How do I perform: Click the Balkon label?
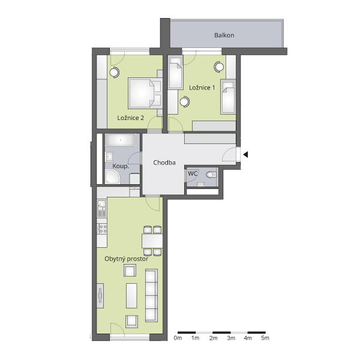tap(224, 35)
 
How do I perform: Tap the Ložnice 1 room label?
tap(202, 88)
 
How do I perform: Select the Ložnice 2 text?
tap(130, 118)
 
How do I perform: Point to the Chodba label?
tap(164, 163)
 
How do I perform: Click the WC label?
tap(193, 173)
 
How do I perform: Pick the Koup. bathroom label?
tap(121, 166)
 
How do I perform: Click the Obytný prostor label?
tap(126, 259)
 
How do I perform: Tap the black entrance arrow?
tap(245, 155)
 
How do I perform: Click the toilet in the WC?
tap(211, 175)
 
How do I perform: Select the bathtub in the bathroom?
tap(121, 140)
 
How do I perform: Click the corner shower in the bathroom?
tap(113, 176)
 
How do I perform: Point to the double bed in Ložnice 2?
tap(145, 93)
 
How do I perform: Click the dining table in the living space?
tap(152, 241)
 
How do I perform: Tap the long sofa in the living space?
tap(152, 295)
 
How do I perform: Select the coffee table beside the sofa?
tap(131, 296)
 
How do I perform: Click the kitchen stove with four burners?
tap(102, 229)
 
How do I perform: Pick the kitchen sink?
tap(101, 208)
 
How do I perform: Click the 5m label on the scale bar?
tap(265, 338)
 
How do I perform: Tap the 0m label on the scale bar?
tap(178, 338)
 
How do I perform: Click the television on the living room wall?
tap(100, 295)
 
